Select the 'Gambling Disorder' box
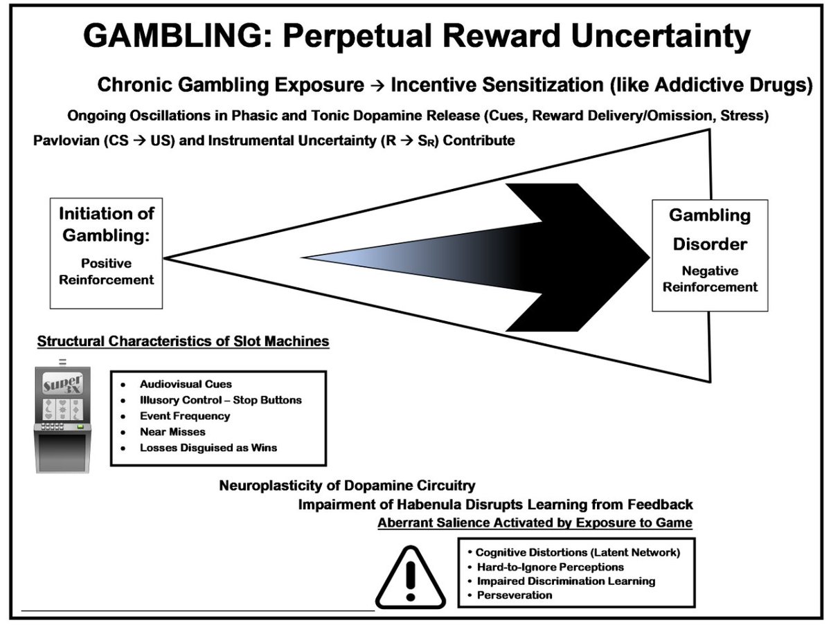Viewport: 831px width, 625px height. (x=709, y=255)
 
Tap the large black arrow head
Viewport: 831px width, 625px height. (x=582, y=257)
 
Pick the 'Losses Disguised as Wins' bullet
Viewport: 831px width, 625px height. (x=208, y=447)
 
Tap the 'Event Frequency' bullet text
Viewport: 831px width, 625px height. (x=184, y=416)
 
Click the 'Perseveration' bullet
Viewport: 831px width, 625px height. (x=514, y=595)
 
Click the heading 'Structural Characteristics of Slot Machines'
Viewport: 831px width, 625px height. (x=183, y=341)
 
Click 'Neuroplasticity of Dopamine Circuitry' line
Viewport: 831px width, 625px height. (x=347, y=485)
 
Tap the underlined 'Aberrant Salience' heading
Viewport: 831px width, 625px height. (x=535, y=523)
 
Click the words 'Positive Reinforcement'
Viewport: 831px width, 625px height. (x=106, y=271)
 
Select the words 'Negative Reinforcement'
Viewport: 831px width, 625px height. (x=710, y=278)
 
